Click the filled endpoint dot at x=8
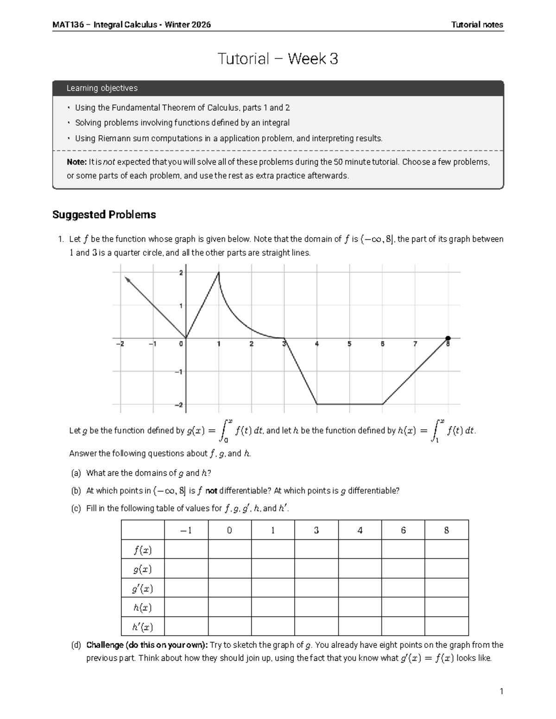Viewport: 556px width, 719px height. click(x=448, y=338)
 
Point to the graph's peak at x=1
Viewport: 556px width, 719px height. click(x=219, y=273)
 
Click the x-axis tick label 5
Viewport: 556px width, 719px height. click(x=349, y=344)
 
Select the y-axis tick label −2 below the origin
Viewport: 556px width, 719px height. click(x=178, y=405)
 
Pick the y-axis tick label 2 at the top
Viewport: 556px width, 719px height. click(x=181, y=273)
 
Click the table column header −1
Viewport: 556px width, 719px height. click(x=186, y=531)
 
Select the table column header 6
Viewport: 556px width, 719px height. click(x=403, y=531)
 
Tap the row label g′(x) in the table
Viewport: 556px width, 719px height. click(x=143, y=588)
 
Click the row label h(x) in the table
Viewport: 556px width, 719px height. click(x=143, y=607)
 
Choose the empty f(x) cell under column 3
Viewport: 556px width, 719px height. click(x=316, y=550)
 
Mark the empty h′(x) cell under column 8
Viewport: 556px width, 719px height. click(x=447, y=627)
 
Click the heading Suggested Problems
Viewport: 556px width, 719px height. click(x=104, y=215)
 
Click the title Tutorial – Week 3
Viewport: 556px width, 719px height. click(x=278, y=59)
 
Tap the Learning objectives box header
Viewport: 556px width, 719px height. click(x=102, y=88)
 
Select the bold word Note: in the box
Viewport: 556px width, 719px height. click(x=76, y=162)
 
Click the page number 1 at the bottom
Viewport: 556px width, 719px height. click(x=501, y=692)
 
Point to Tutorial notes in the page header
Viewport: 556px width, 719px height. click(x=477, y=25)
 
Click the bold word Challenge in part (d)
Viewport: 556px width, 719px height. click(x=105, y=645)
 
